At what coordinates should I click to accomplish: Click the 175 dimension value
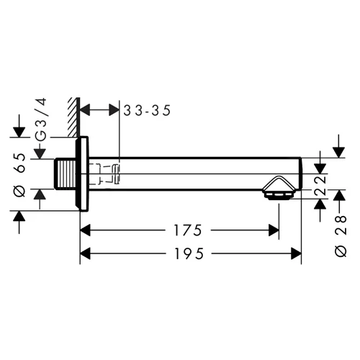coord(188,230)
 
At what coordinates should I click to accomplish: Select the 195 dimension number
coord(189,253)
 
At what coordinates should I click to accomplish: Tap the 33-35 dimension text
coord(147,111)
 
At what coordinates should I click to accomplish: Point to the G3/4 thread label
coord(40,120)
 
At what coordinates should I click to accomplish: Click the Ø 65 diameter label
coord(20,175)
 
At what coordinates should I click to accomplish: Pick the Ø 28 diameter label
coord(341,236)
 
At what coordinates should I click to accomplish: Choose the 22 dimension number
coord(320,186)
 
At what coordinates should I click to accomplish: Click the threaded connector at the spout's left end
coord(65,174)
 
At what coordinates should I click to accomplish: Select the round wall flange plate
coord(82,174)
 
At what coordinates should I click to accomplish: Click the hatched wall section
coord(73,117)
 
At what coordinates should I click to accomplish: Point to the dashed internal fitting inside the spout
coord(104,174)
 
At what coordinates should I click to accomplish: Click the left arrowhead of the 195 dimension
coord(85,253)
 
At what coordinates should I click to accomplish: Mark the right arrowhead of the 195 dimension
coord(296,253)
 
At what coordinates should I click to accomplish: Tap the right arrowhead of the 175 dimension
coord(274,230)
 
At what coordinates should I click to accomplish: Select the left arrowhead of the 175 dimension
coord(85,230)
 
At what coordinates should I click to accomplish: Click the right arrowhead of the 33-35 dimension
coord(114,110)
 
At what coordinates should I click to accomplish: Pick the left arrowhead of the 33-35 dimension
coord(85,110)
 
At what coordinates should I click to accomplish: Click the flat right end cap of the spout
coord(301,174)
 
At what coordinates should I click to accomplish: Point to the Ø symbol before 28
coord(341,251)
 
